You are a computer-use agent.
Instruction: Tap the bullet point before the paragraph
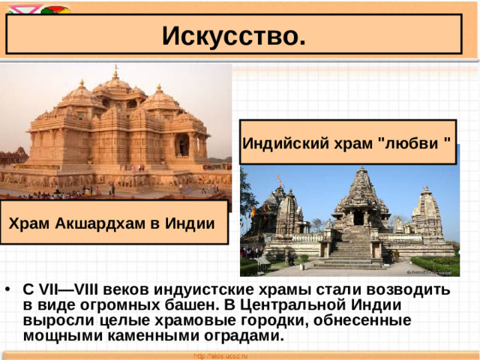click(7, 289)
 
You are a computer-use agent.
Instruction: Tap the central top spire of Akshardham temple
click(115, 75)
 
